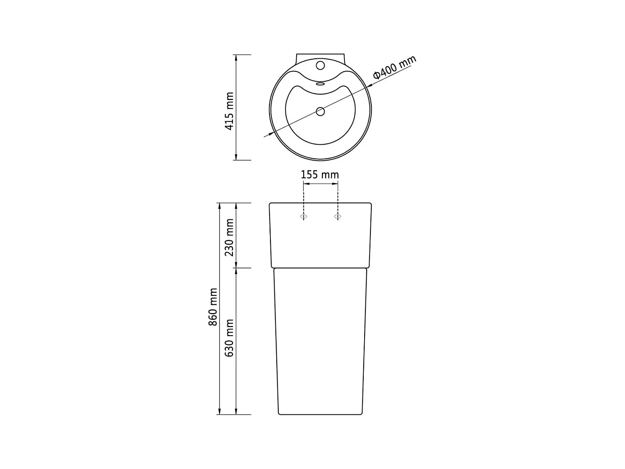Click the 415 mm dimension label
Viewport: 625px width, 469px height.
tap(229, 111)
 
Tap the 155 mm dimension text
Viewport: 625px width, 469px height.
tap(320, 174)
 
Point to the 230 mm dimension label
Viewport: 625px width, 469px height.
tap(229, 237)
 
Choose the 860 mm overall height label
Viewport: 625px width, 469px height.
tap(213, 307)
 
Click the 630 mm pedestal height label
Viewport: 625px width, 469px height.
tap(229, 338)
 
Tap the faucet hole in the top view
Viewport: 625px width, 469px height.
tap(320, 65)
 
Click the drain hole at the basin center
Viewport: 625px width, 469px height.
tap(320, 111)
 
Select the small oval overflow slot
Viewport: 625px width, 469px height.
tap(320, 83)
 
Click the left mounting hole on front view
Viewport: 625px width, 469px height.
tap(304, 216)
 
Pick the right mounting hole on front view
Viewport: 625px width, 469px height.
tap(337, 216)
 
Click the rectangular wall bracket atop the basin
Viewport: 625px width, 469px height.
tap(320, 57)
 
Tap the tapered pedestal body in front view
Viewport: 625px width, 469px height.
tap(320, 342)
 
